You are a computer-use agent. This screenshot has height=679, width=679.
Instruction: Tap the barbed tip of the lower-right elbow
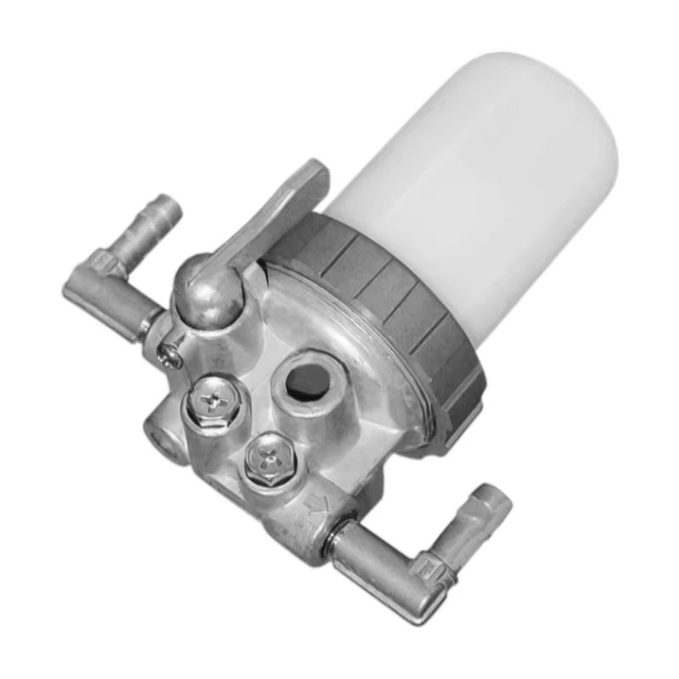click(x=492, y=501)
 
